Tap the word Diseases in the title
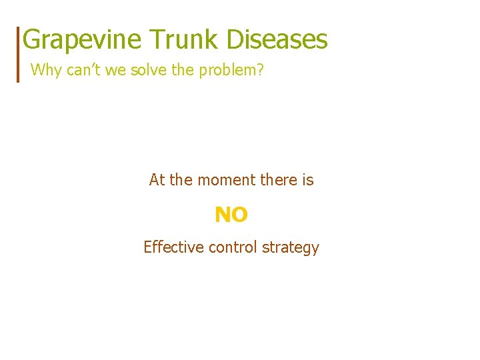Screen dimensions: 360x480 click(x=277, y=39)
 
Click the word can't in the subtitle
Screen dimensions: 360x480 click(x=81, y=70)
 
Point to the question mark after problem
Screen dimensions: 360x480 click(x=260, y=70)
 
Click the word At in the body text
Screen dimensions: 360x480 click(x=157, y=180)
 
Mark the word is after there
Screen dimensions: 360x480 click(x=307, y=180)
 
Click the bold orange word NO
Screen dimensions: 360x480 click(x=231, y=215)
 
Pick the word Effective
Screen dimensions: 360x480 click(x=173, y=247)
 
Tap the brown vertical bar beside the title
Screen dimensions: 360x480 click(x=18, y=54)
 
